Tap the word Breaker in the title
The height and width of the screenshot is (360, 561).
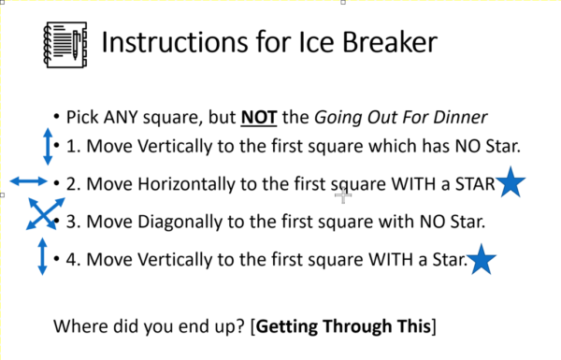click(x=381, y=43)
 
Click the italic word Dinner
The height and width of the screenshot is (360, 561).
click(x=464, y=118)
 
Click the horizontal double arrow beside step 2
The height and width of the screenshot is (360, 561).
click(x=28, y=180)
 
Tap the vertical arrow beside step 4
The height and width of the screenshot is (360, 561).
click(x=42, y=256)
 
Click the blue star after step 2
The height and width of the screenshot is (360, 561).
click(x=510, y=182)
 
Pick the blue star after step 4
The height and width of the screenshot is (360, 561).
click(x=481, y=259)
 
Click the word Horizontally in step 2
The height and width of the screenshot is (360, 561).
click(x=181, y=183)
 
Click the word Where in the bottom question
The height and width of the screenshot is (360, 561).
click(x=79, y=327)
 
